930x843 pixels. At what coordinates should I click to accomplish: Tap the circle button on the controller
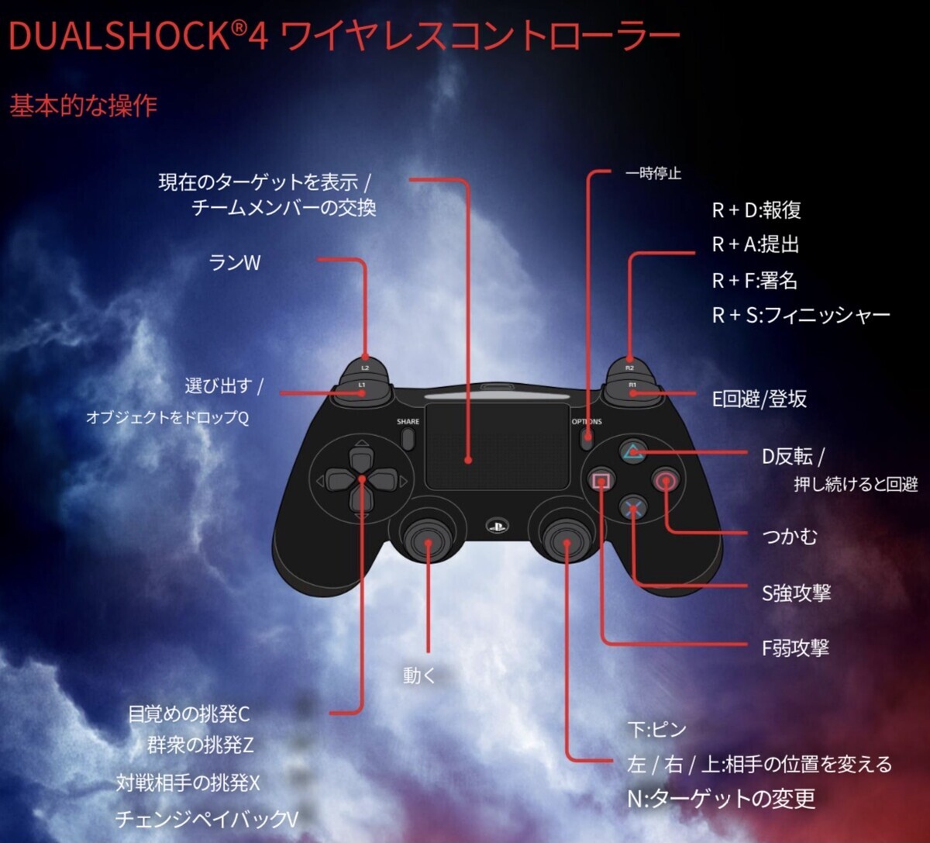click(x=665, y=481)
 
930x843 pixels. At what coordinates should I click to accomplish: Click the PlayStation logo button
click(x=496, y=527)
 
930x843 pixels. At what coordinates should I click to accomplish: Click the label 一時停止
click(x=653, y=174)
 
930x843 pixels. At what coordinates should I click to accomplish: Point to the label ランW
click(x=235, y=263)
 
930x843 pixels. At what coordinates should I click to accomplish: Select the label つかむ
click(x=790, y=536)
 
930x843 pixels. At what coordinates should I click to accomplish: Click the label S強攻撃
click(x=797, y=593)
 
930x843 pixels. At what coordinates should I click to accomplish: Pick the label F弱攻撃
click(x=796, y=648)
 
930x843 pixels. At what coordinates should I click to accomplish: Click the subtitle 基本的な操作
click(x=84, y=105)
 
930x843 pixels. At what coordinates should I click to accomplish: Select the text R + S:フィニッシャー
click(x=801, y=315)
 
